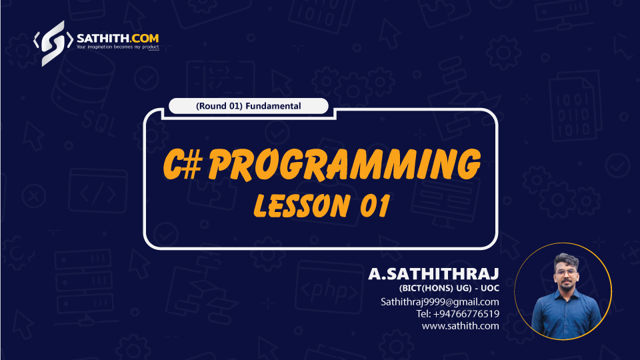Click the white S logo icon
click(x=53, y=43)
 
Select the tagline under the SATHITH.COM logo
click(x=117, y=47)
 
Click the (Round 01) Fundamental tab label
click(x=248, y=106)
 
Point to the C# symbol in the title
click(x=183, y=165)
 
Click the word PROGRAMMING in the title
click(x=345, y=164)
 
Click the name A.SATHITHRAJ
click(x=433, y=274)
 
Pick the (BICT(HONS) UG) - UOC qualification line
click(x=449, y=288)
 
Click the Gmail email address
click(x=439, y=302)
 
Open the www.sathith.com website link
click(x=461, y=326)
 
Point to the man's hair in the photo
click(x=566, y=261)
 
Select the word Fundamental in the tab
click(x=273, y=106)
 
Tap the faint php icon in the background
click(x=329, y=289)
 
